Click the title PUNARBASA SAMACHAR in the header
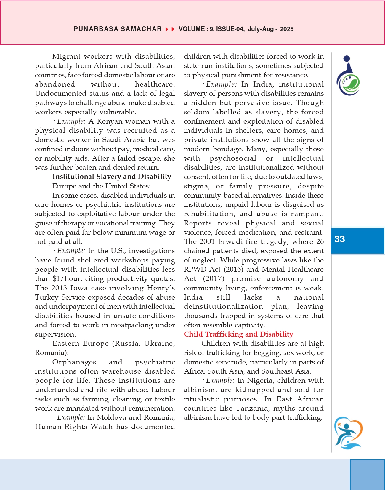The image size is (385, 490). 118,29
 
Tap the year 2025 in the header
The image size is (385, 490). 287,29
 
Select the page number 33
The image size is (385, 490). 340,239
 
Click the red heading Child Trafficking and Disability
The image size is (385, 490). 238,334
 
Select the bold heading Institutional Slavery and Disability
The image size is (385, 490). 112,177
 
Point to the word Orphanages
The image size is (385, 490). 74,362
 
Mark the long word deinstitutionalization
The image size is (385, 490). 223,306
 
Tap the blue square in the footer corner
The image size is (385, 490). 367,475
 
